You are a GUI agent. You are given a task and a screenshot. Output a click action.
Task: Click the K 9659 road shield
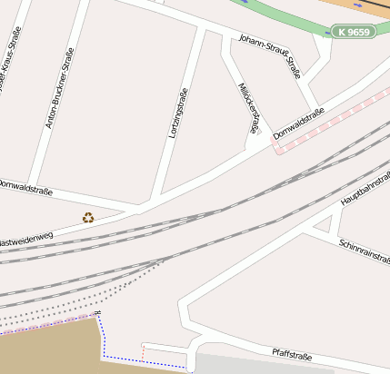(352, 32)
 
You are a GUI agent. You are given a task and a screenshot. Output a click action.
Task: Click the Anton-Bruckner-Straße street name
(59, 87)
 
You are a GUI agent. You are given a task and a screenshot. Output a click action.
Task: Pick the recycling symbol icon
(88, 217)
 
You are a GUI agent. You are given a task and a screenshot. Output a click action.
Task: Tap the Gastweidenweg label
(26, 240)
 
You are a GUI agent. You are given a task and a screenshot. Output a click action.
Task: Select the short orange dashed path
(143, 350)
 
